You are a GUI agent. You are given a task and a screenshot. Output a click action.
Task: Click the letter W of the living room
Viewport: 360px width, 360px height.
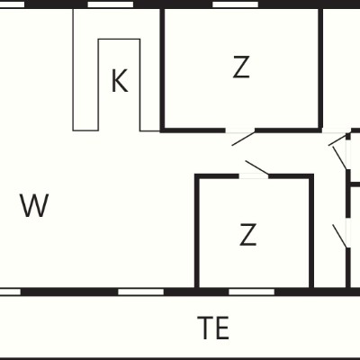(x=34, y=205)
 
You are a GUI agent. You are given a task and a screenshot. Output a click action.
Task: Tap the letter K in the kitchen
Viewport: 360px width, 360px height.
(x=120, y=80)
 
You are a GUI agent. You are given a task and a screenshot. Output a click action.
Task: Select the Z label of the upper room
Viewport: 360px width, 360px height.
(x=241, y=67)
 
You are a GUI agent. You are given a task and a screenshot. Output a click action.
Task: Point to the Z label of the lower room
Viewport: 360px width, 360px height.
(x=247, y=234)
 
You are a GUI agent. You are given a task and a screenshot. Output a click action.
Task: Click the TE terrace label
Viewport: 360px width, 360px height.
(x=213, y=328)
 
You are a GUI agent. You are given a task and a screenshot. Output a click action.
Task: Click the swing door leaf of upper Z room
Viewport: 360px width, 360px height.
(x=243, y=139)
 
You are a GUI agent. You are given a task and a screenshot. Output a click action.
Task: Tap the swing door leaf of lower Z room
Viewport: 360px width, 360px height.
(x=256, y=167)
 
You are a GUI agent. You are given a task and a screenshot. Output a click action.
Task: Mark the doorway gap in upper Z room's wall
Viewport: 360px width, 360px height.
(x=240, y=130)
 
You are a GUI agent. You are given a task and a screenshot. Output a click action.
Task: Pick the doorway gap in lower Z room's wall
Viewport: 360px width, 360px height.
(x=254, y=176)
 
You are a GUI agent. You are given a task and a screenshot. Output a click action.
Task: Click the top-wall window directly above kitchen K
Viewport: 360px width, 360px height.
(x=110, y=4)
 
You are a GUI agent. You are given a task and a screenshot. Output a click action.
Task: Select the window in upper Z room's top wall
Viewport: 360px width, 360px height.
(x=235, y=4)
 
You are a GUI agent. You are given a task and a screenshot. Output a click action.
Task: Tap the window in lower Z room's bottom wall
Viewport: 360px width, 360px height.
(x=252, y=292)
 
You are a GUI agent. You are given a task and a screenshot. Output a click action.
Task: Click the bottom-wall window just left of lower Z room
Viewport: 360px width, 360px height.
(x=141, y=292)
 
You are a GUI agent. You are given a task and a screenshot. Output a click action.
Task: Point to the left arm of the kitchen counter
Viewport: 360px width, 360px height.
(x=85, y=69)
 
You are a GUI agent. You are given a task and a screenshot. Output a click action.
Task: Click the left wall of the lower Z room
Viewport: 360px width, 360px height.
(x=197, y=232)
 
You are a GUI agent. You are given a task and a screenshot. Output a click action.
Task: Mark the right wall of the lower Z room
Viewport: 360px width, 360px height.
(x=311, y=232)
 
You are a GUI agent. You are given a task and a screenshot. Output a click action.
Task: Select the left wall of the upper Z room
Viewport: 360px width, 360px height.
(x=162, y=69)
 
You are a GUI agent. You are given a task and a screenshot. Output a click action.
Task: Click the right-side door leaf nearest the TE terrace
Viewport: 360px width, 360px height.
(x=341, y=236)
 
